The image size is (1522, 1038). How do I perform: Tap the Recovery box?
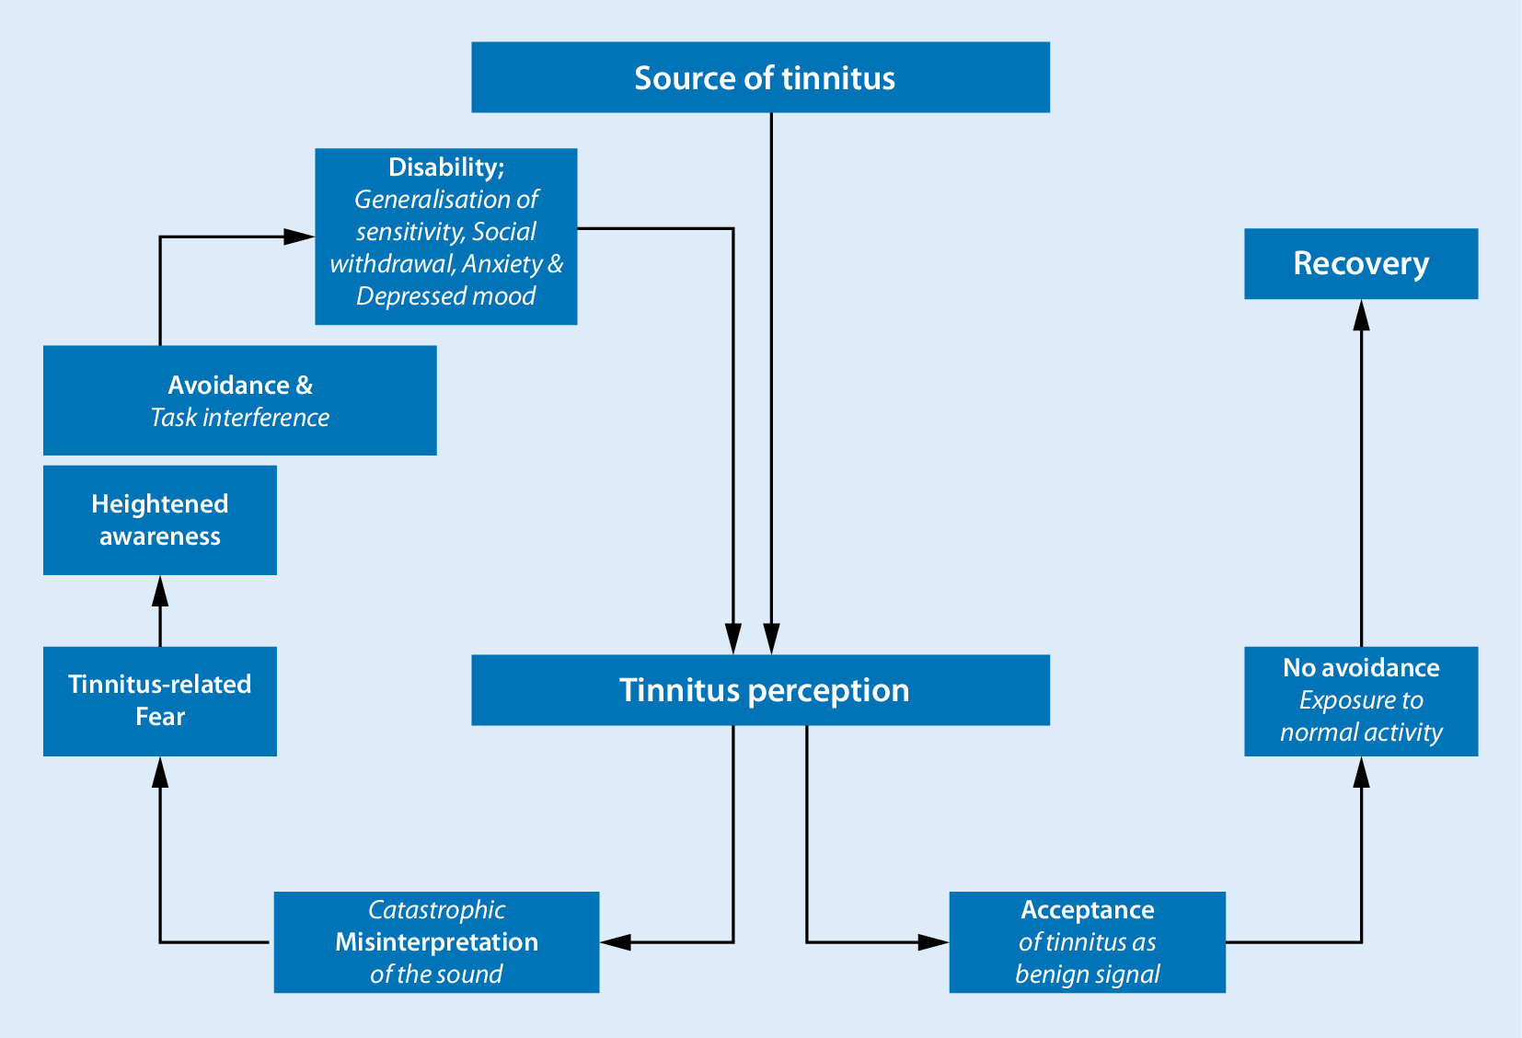coord(1361,264)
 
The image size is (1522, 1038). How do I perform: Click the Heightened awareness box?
coord(159,520)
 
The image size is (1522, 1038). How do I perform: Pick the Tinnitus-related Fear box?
coord(159,701)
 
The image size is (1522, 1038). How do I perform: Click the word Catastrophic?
coord(436,910)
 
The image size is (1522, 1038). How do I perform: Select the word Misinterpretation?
coord(436,942)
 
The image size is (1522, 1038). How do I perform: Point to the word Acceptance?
coord(1087,910)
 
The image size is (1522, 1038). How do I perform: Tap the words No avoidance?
coord(1361,668)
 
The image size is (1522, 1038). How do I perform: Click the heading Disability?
coord(446,167)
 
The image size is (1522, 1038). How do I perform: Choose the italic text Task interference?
coord(239,418)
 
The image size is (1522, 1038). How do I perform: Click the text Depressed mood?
coord(446,296)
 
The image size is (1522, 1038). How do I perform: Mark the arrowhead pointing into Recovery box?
coord(1361,315)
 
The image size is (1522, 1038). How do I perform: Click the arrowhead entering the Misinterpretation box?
coord(616,942)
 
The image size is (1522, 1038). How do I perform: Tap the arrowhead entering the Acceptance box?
coord(933,942)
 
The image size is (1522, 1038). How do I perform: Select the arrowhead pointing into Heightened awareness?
coord(160,591)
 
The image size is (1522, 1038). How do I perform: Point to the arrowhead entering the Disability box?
coord(298,236)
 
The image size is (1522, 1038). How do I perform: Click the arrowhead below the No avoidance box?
coord(1361,772)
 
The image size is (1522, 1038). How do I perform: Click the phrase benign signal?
coord(1087,975)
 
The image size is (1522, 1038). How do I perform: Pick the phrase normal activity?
coord(1361,732)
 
